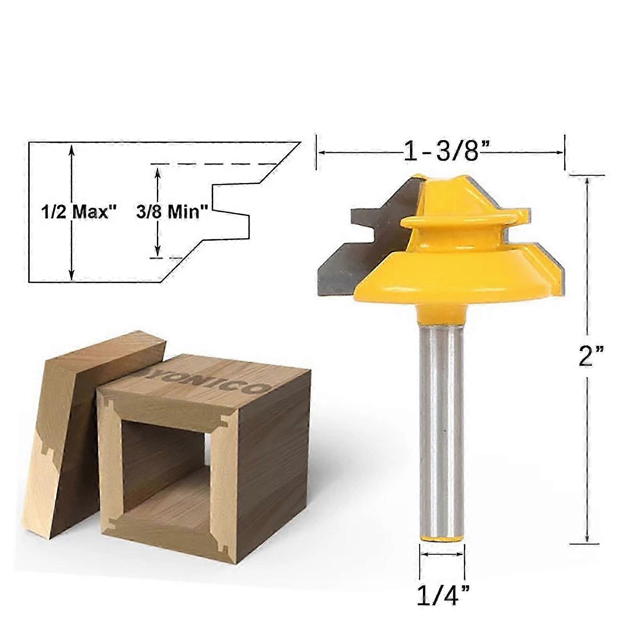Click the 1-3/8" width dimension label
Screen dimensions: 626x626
pos(441,151)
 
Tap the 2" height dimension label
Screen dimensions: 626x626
pos(591,356)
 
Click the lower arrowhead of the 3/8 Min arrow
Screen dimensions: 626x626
pos(158,253)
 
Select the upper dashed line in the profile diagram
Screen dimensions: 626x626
pos(213,164)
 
